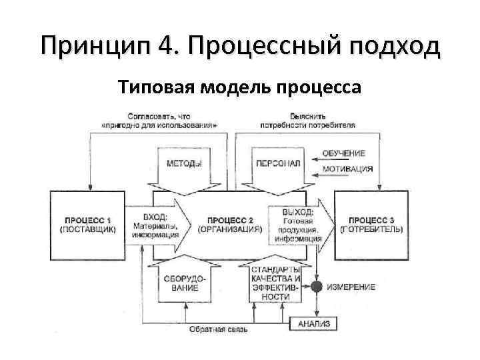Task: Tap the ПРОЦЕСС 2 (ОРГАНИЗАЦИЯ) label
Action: pyautogui.click(x=229, y=224)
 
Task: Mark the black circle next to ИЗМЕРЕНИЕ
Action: pyautogui.click(x=317, y=287)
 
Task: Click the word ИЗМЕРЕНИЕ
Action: pyautogui.click(x=351, y=287)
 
